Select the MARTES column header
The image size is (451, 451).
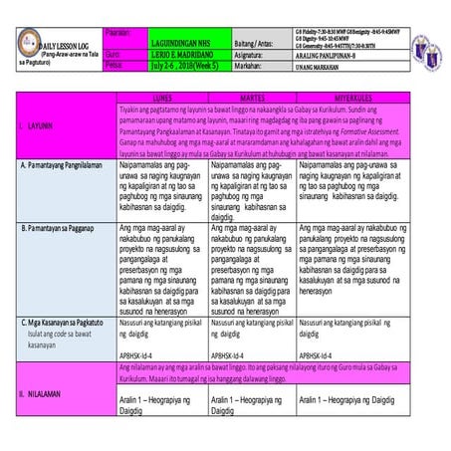pos(251,98)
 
